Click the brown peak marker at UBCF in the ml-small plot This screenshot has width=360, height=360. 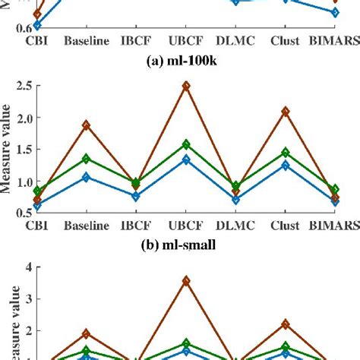tap(186, 86)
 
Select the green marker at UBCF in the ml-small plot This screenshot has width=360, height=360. tap(186, 144)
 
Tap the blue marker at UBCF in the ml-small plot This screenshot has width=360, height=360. tap(186, 159)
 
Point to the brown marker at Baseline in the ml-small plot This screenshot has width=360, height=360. tap(86, 125)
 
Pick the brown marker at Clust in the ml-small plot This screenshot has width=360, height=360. tap(286, 111)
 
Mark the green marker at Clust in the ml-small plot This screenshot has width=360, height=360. tap(286, 152)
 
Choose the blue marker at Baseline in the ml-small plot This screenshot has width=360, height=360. tap(86, 176)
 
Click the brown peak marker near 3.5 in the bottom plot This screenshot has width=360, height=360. tap(186, 280)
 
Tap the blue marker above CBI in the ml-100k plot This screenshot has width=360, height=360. tap(37, 25)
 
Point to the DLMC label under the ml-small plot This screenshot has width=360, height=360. tap(235, 226)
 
